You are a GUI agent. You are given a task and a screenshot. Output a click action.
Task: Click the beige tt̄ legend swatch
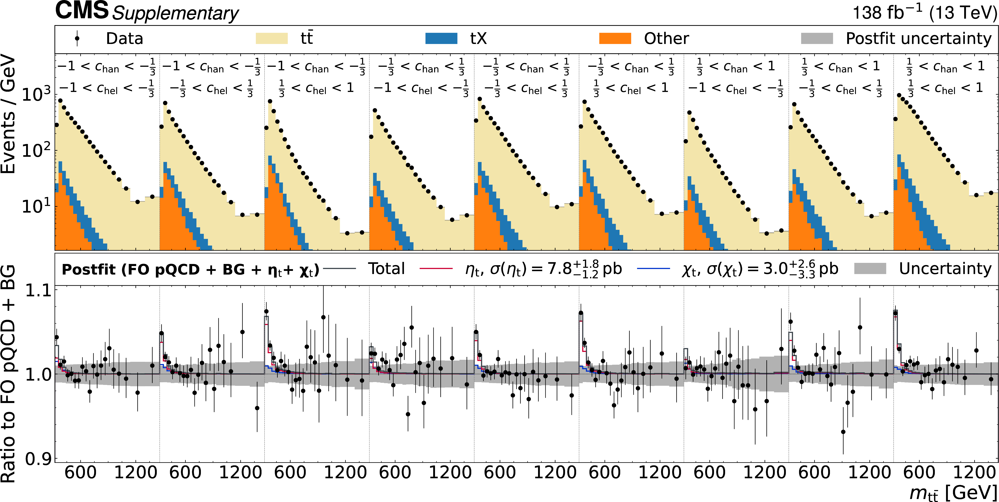pyautogui.click(x=271, y=38)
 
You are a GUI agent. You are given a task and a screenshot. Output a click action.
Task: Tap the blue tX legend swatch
pyautogui.click(x=441, y=38)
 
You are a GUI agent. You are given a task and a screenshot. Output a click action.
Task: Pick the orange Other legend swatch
pyautogui.click(x=615, y=38)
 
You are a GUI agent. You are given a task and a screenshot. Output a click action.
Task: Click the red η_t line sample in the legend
pyautogui.click(x=436, y=268)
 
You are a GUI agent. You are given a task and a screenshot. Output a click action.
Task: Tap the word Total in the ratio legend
pyautogui.click(x=386, y=268)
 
